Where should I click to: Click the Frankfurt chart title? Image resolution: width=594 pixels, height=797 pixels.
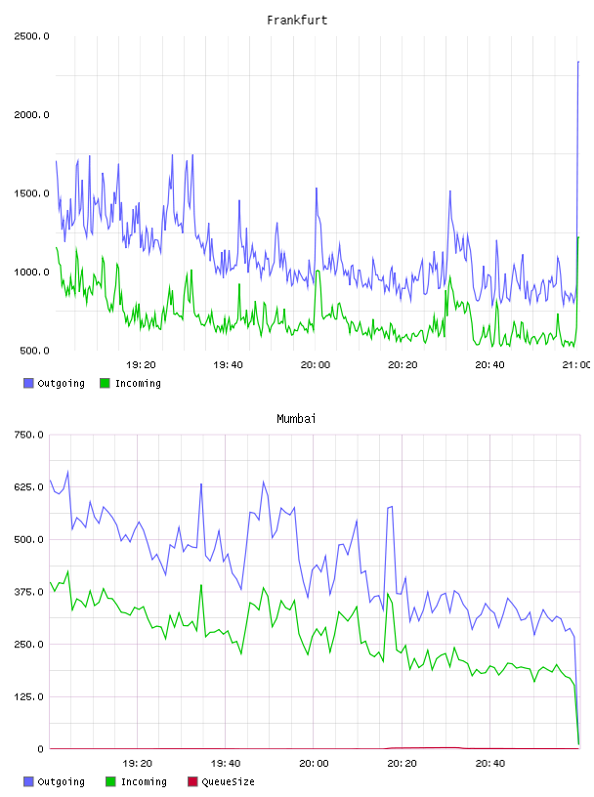(x=297, y=21)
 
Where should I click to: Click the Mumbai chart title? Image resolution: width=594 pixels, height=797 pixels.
(x=296, y=419)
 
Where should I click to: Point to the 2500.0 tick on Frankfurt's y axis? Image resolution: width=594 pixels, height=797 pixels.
(x=31, y=36)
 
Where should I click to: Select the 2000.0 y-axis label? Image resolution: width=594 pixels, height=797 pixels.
(x=31, y=115)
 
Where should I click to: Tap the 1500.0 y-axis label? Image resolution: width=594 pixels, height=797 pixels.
(x=31, y=193)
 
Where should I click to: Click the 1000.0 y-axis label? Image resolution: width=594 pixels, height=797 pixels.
(x=31, y=273)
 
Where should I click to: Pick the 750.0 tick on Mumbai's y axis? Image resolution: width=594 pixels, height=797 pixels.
(x=29, y=435)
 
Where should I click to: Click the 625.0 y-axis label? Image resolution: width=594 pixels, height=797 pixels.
(x=29, y=487)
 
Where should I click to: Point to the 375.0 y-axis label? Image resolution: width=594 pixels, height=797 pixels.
(x=29, y=592)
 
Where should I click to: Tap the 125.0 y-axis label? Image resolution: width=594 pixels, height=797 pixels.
(x=29, y=696)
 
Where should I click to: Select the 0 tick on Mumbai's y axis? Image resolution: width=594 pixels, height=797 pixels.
(x=41, y=749)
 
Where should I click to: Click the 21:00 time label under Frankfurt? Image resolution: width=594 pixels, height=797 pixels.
(x=576, y=365)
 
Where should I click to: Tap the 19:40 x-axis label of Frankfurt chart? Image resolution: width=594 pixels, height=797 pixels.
(x=228, y=365)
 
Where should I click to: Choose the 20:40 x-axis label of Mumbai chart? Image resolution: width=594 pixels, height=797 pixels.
(x=490, y=764)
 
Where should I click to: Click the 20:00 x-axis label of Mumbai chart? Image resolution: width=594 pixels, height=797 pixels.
(x=314, y=764)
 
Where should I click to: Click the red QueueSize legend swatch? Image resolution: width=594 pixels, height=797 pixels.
(x=192, y=781)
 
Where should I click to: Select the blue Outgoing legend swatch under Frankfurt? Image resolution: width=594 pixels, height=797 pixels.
(x=28, y=383)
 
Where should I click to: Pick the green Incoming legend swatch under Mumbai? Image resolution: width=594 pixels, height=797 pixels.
(x=110, y=781)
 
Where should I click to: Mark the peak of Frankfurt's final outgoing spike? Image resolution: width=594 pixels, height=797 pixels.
(x=578, y=62)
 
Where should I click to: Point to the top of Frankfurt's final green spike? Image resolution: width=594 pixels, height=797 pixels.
(x=578, y=237)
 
